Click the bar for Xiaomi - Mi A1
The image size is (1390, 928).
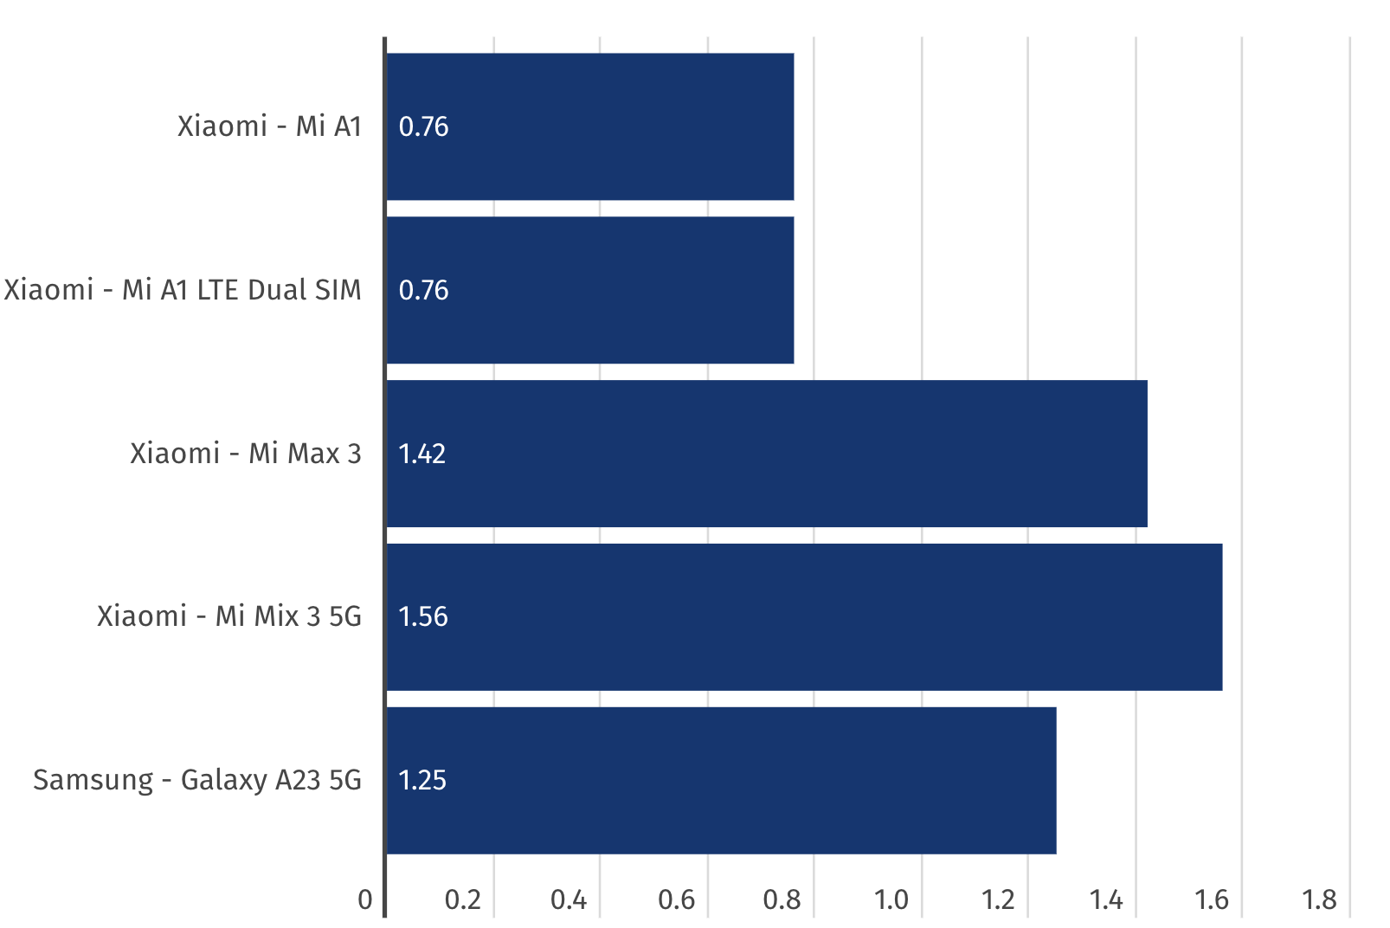click(x=589, y=126)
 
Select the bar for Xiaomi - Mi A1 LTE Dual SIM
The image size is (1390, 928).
click(x=589, y=290)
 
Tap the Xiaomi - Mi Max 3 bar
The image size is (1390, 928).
click(x=766, y=454)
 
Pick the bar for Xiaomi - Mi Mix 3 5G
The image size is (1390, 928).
click(x=804, y=617)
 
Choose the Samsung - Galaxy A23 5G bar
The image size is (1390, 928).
click(x=721, y=780)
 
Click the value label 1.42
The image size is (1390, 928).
click(x=422, y=454)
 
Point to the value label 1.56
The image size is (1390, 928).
click(x=422, y=616)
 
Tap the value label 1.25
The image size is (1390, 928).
click(x=422, y=780)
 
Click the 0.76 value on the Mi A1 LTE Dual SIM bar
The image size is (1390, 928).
click(x=423, y=290)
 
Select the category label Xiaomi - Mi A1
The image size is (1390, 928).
click(x=269, y=126)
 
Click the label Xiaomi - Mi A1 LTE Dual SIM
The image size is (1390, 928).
click(x=183, y=290)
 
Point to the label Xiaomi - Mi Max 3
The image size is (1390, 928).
click(x=246, y=454)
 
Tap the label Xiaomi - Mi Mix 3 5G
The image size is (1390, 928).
click(x=229, y=616)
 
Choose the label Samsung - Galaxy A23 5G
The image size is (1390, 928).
click(x=197, y=780)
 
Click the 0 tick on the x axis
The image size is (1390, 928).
click(x=365, y=900)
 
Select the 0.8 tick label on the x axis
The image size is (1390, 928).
click(x=782, y=900)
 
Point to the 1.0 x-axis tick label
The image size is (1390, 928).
click(x=891, y=900)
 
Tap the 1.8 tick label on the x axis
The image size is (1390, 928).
click(x=1319, y=900)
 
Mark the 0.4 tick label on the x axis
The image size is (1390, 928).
click(x=569, y=900)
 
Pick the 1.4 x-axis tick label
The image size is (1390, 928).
click(x=1105, y=900)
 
